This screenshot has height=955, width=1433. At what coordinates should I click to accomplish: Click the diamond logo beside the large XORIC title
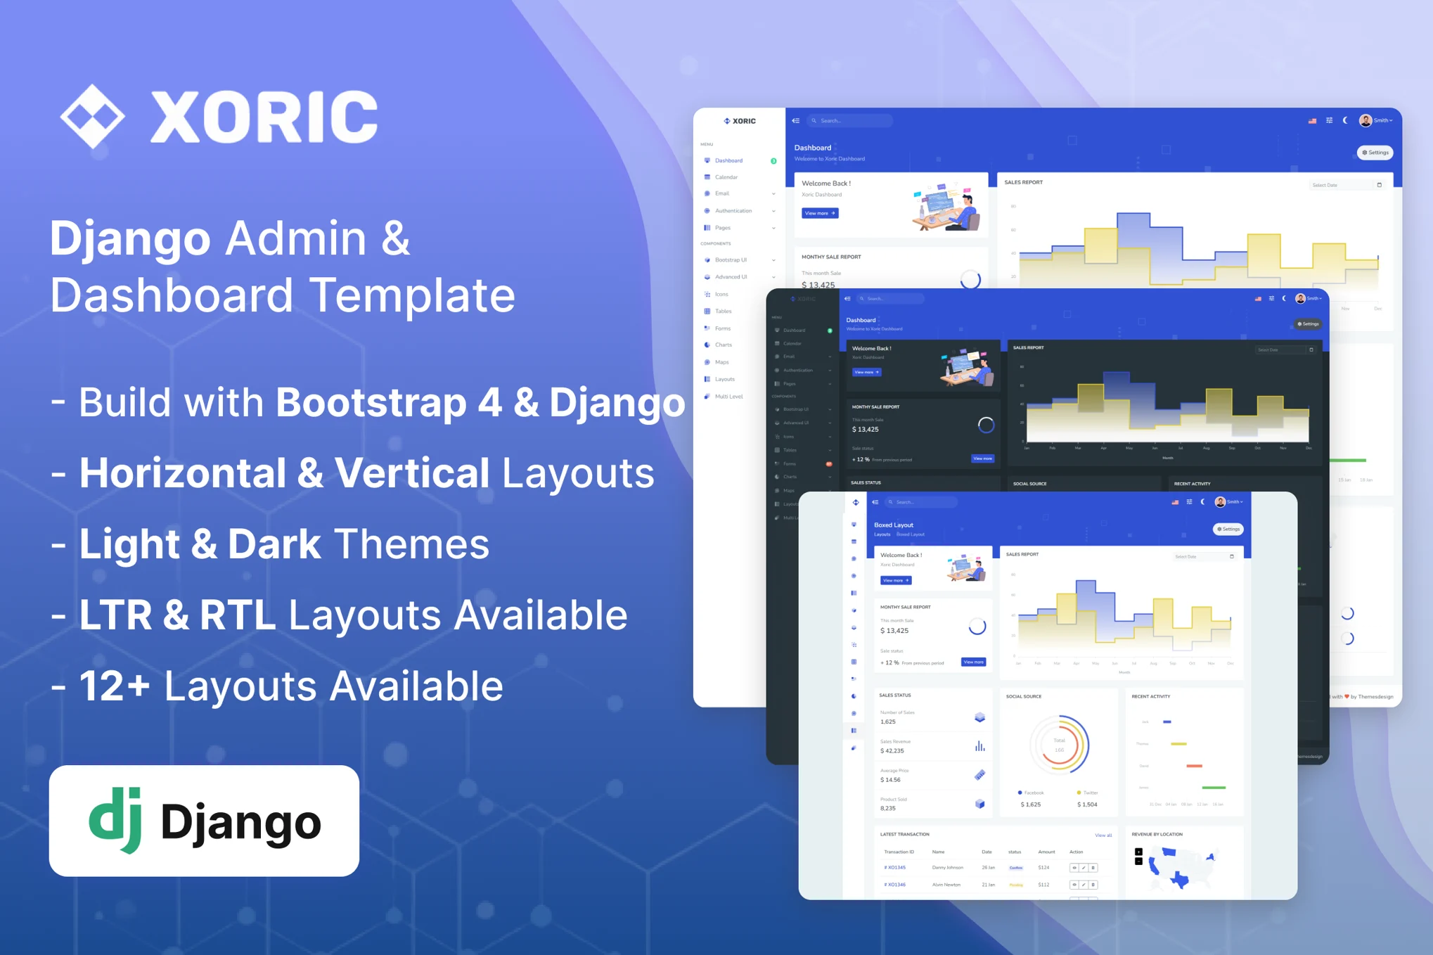(92, 116)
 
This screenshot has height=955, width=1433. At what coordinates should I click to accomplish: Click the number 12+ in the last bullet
(115, 686)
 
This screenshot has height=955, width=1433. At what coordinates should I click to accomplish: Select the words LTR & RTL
(177, 615)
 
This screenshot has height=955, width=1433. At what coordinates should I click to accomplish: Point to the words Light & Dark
(200, 544)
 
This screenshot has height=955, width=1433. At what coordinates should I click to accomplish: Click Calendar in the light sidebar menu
(726, 177)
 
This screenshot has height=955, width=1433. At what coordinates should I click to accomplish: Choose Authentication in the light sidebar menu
(733, 211)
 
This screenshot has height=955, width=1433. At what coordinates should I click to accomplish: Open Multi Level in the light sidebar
(728, 397)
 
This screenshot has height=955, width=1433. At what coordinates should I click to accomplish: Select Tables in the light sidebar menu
(724, 312)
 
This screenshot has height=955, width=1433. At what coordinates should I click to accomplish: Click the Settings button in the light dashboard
(1375, 153)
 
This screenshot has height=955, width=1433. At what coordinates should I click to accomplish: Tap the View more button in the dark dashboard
(866, 372)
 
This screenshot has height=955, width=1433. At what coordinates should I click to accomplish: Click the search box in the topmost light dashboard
(850, 121)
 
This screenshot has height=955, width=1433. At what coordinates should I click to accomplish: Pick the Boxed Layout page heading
(894, 525)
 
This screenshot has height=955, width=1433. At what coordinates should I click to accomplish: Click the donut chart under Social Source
(1059, 745)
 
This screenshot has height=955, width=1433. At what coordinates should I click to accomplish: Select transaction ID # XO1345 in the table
(895, 868)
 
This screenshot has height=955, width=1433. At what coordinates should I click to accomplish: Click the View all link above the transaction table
(1103, 835)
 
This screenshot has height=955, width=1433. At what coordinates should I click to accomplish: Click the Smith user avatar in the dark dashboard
(1300, 299)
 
